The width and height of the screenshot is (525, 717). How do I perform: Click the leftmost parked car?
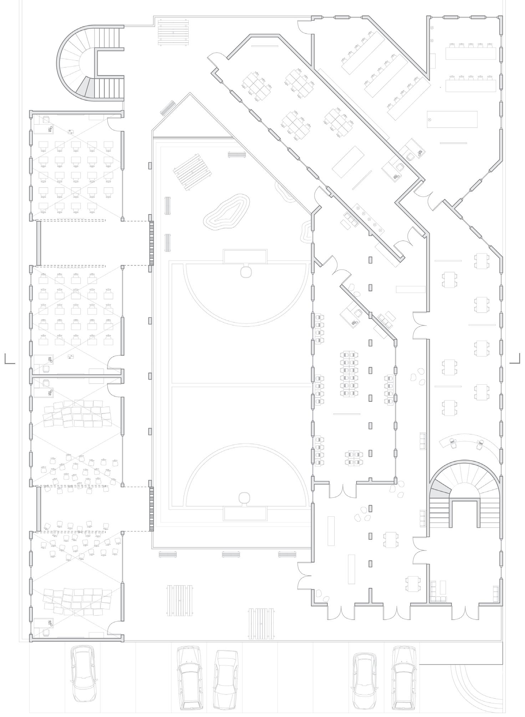[x=84, y=671]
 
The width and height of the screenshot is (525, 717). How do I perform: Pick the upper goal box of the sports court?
[x=245, y=257]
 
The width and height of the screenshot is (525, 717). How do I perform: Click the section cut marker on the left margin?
[x=10, y=359]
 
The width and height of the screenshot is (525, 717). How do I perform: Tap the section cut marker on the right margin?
[x=515, y=359]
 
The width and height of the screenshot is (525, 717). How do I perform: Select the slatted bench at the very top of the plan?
[x=173, y=31]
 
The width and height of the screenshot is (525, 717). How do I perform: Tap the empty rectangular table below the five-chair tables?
[x=452, y=119]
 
